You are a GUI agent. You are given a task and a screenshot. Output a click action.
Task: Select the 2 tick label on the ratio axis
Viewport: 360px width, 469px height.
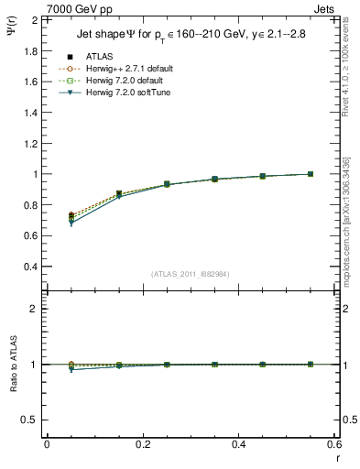34,310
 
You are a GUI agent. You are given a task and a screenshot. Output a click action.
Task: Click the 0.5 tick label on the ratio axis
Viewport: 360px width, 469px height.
30,420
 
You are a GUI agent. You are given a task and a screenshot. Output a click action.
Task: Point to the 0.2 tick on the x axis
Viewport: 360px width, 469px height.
142,444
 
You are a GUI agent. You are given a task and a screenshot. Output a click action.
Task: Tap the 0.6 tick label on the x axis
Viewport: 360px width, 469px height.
334,444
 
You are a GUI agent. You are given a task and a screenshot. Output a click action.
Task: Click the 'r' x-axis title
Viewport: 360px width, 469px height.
337,457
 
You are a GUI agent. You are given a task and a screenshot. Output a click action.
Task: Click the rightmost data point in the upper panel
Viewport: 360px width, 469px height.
311,174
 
